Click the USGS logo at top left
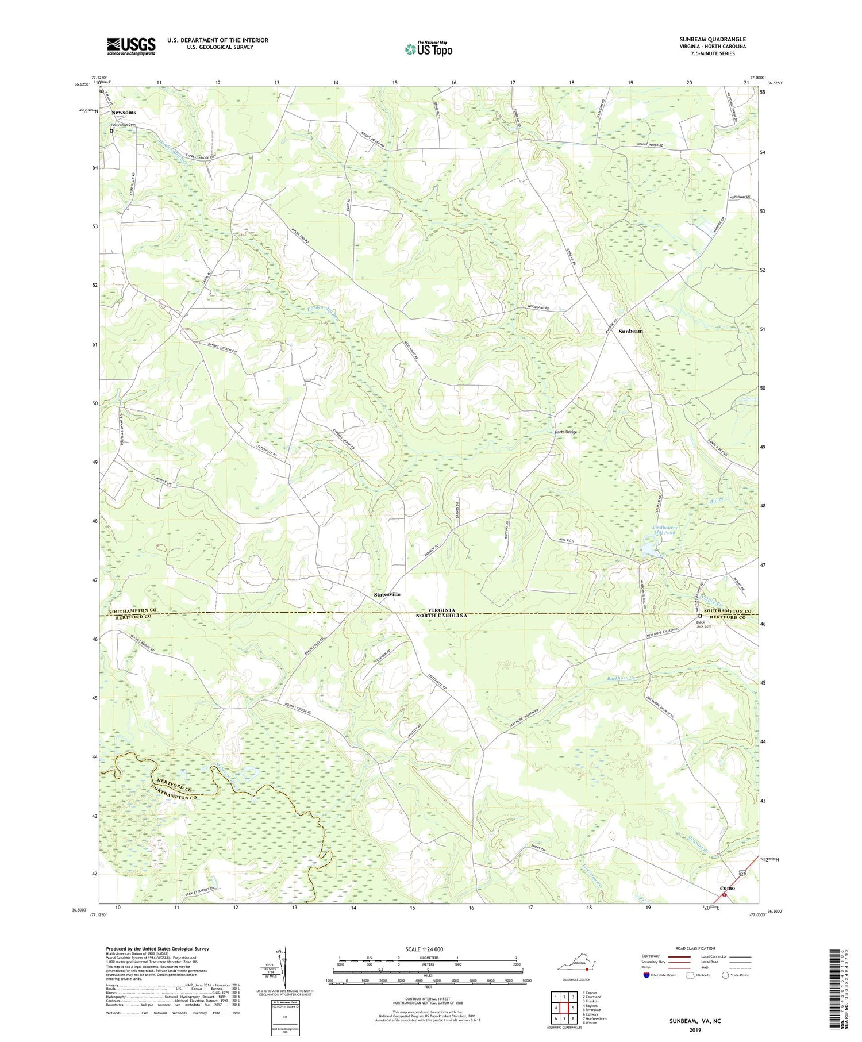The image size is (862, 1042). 131,46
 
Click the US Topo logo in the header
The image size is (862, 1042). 428,49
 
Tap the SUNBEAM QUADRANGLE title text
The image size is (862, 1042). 712,39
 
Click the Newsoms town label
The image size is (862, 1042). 124,113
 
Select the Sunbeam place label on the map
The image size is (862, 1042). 630,332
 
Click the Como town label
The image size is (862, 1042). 728,888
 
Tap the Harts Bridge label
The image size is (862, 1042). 565,432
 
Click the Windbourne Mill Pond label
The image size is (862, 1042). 664,530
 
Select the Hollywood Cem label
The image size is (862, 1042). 124,125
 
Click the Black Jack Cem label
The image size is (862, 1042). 704,624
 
